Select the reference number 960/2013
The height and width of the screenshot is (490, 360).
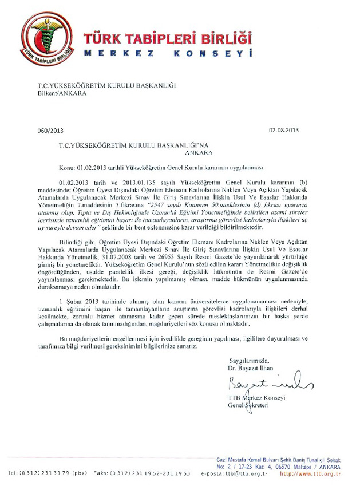(x=50, y=131)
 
